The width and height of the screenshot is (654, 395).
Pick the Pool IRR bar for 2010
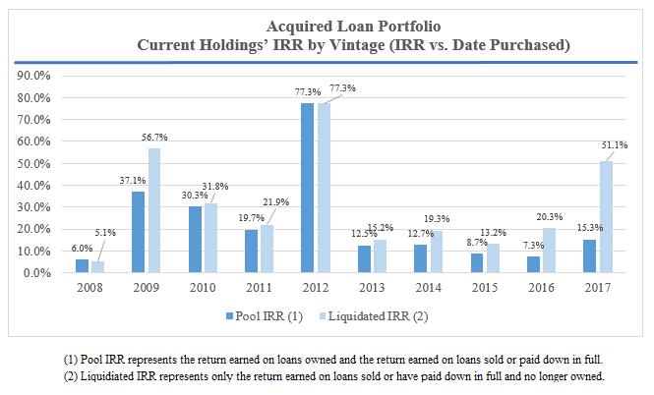pos(195,240)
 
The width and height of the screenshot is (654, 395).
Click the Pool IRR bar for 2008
pos(82,266)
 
